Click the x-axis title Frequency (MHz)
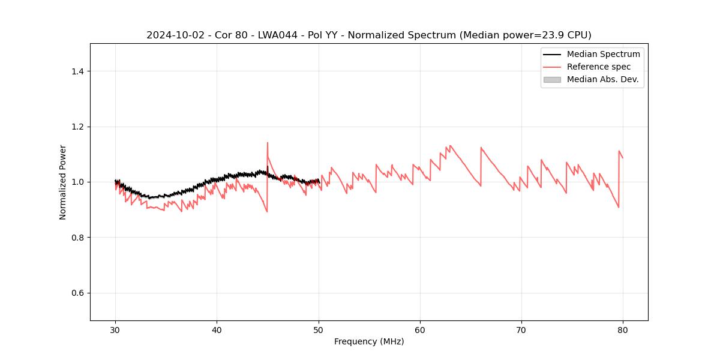pyautogui.click(x=369, y=341)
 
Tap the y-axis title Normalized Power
pyautogui.click(x=63, y=182)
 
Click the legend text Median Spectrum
pyautogui.click(x=603, y=54)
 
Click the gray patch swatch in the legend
pyautogui.click(x=552, y=79)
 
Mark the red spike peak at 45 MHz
pyautogui.click(x=268, y=143)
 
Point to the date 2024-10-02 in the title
pyautogui.click(x=170, y=35)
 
